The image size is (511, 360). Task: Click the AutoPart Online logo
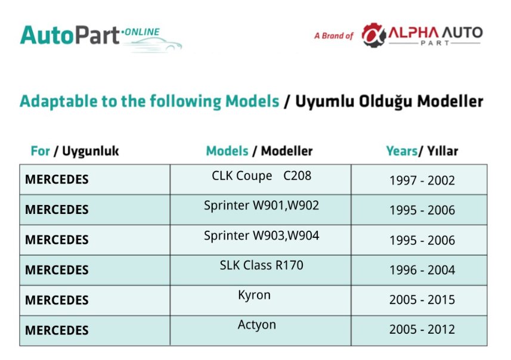[x=101, y=38]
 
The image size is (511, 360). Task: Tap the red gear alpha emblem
[x=373, y=35]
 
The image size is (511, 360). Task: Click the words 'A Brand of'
[x=334, y=36]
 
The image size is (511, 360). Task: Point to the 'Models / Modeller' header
[x=259, y=151]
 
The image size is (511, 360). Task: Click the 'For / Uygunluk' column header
[x=75, y=151]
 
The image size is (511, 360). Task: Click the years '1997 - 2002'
[x=422, y=181]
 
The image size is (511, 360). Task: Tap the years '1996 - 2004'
[x=422, y=270]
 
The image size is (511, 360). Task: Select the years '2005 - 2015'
[x=422, y=300]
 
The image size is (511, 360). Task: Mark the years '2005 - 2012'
[x=422, y=330]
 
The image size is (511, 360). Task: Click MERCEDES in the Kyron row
[x=57, y=300]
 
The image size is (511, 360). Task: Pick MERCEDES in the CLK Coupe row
[x=57, y=179]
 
